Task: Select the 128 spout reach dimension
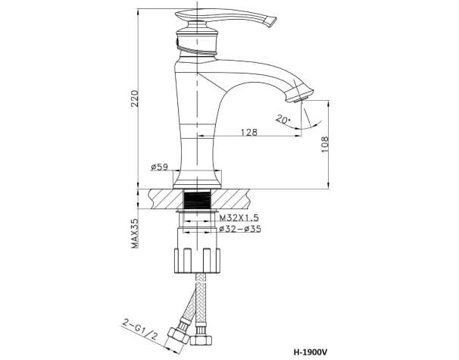point(249,132)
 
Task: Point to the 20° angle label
point(283,119)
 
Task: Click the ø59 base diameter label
point(159,167)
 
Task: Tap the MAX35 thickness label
point(134,233)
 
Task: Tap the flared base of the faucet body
point(199,176)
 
